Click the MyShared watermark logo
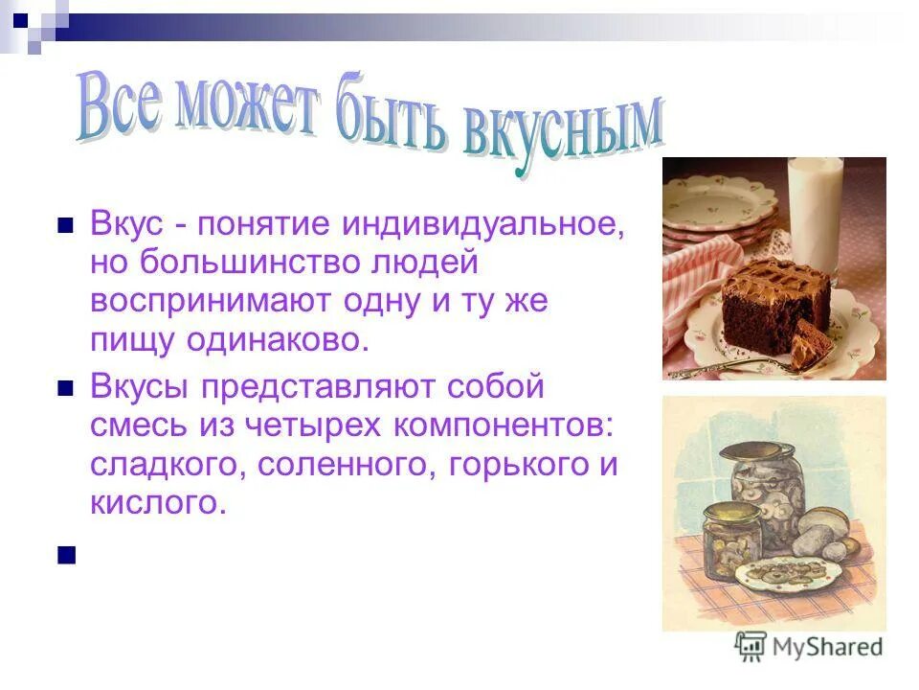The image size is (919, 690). [x=809, y=647]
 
